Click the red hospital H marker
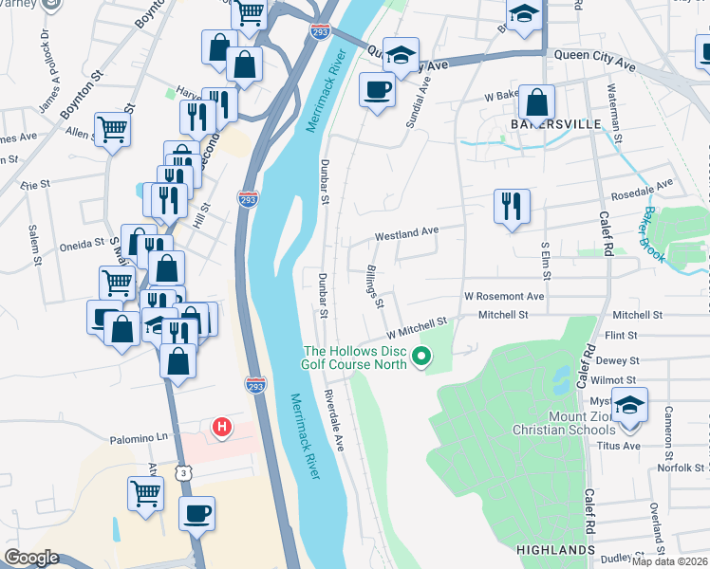(222, 428)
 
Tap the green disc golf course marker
(423, 358)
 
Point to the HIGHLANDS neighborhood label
(555, 550)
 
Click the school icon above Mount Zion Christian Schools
(629, 405)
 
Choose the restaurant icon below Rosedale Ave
(512, 206)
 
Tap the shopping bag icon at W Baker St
(537, 103)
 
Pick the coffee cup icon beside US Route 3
(196, 513)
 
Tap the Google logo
(31, 558)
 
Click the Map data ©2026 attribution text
(668, 561)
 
